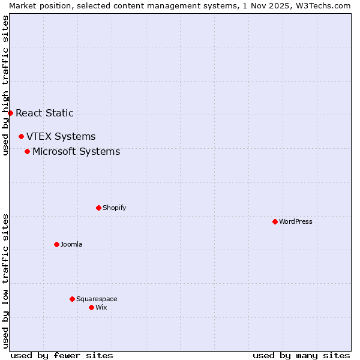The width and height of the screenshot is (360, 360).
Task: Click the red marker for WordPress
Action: click(275, 221)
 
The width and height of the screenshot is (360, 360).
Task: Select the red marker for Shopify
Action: click(98, 208)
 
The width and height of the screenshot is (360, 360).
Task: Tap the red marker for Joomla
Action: click(56, 244)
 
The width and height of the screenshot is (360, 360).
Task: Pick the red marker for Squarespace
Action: click(72, 299)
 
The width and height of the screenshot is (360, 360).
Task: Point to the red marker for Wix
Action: click(91, 307)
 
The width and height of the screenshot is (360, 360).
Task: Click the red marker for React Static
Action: click(10, 113)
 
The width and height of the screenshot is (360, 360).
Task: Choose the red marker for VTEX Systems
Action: click(21, 136)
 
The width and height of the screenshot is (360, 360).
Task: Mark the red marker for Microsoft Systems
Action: click(27, 151)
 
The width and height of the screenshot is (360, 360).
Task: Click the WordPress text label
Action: click(296, 221)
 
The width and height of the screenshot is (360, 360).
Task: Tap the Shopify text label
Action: click(115, 208)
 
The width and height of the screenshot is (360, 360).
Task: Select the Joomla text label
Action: click(71, 244)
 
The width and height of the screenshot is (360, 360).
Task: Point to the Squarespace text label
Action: click(97, 299)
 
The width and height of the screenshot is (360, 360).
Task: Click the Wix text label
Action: click(101, 307)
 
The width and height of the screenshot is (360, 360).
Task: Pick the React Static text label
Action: click(44, 113)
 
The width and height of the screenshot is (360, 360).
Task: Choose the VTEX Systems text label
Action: click(61, 136)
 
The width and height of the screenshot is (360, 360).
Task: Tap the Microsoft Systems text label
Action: click(76, 151)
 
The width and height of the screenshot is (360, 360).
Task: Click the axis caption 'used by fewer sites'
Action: click(62, 355)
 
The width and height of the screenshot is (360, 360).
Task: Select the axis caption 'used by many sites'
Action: click(301, 355)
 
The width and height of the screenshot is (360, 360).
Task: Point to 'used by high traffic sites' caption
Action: click(5, 85)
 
